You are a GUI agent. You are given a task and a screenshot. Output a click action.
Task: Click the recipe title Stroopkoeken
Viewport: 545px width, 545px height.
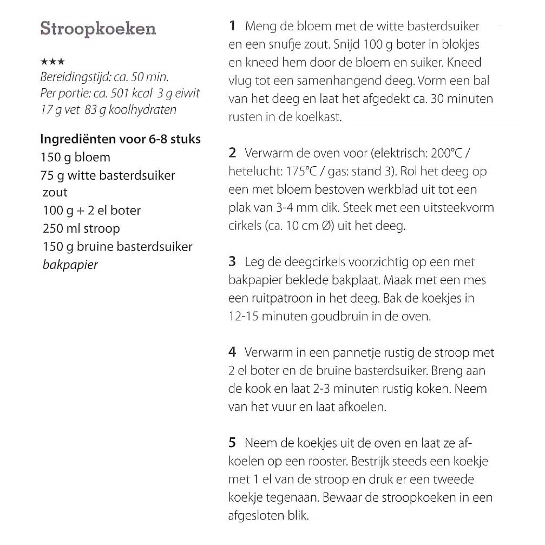click(98, 29)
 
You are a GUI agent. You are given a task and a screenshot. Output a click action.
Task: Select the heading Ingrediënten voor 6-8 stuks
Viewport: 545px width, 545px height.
click(120, 139)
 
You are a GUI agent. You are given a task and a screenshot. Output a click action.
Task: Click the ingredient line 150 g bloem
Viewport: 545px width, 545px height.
click(75, 157)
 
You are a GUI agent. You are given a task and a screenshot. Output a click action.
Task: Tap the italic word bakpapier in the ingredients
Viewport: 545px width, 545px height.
click(70, 265)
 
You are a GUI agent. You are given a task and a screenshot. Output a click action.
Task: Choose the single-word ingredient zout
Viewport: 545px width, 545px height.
click(55, 193)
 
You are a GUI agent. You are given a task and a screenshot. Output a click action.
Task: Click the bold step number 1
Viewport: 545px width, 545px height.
click(232, 26)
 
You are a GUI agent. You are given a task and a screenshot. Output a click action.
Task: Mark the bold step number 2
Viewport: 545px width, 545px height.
click(232, 153)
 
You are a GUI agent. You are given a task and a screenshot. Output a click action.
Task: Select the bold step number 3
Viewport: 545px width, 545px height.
click(232, 262)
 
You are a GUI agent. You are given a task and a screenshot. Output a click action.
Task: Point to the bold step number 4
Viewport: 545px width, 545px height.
click(232, 353)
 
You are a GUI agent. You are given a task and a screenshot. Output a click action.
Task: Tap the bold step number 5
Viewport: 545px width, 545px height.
click(232, 443)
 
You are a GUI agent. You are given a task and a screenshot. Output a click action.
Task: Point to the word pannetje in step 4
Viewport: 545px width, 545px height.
click(333, 353)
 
